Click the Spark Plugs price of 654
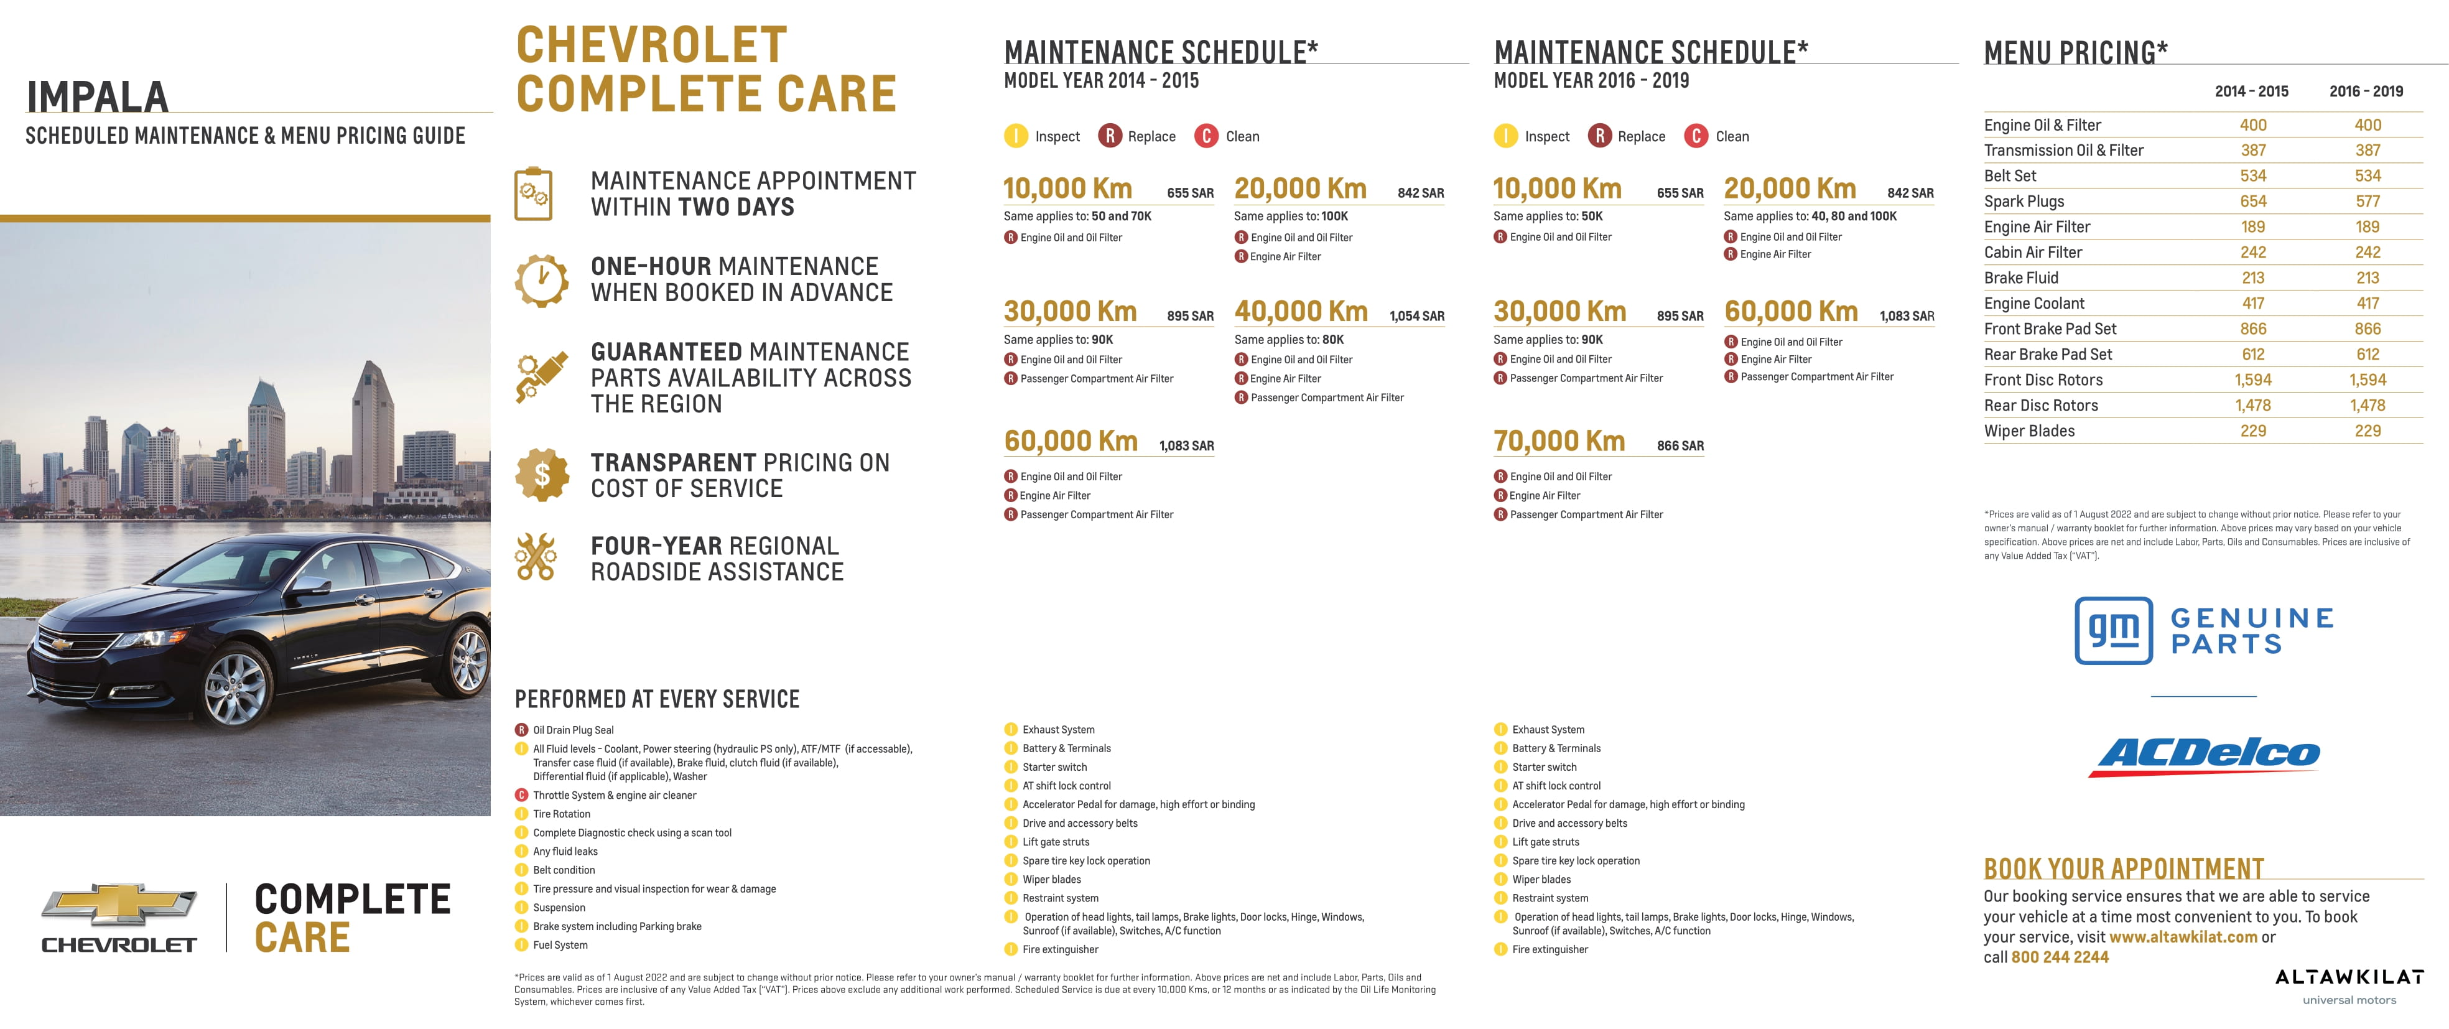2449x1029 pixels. pyautogui.click(x=2252, y=202)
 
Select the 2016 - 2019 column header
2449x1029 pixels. pyautogui.click(x=2366, y=91)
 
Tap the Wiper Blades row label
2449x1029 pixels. pyautogui.click(x=2028, y=431)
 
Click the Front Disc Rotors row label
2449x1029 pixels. pyautogui.click(x=2043, y=379)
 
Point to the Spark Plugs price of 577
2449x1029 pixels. pyautogui.click(x=2368, y=202)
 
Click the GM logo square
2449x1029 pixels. pyautogui.click(x=2113, y=630)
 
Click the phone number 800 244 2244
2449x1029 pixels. pyautogui.click(x=2059, y=957)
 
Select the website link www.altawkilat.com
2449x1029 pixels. pyautogui.click(x=2183, y=937)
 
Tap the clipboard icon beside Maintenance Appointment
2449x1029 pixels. pyautogui.click(x=533, y=194)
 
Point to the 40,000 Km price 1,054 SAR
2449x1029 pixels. pyautogui.click(x=1416, y=316)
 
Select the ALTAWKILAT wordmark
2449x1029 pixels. pyautogui.click(x=2348, y=977)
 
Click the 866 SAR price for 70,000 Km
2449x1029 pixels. pyautogui.click(x=1680, y=446)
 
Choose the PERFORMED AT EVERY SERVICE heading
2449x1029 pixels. pyautogui.click(x=657, y=699)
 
